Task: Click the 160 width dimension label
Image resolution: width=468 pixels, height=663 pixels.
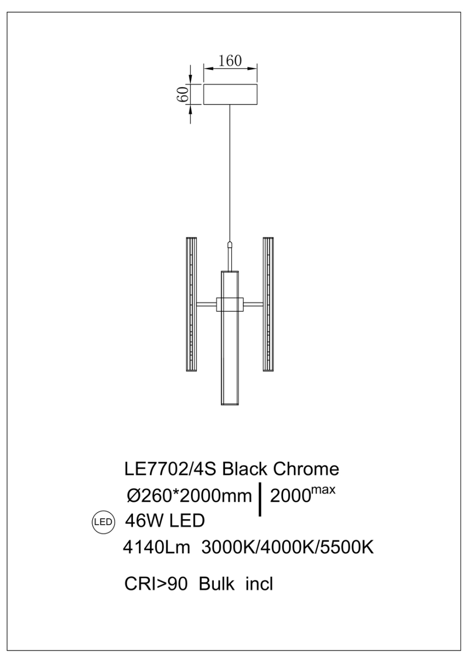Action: (230, 61)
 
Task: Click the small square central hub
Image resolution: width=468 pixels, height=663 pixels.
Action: (230, 304)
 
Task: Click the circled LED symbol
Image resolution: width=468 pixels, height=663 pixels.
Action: (103, 522)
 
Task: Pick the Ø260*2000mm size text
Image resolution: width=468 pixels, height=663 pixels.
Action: (189, 495)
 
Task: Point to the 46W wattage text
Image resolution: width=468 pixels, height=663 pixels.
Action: (143, 521)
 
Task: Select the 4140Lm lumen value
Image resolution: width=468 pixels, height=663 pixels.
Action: (157, 548)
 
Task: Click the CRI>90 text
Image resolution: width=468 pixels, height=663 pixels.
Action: (157, 583)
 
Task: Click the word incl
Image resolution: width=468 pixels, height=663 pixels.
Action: (259, 583)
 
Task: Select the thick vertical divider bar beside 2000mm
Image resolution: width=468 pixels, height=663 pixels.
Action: (261, 499)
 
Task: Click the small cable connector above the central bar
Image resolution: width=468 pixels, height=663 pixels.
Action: (230, 247)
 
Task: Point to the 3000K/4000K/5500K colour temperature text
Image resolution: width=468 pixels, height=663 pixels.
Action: (288, 548)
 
